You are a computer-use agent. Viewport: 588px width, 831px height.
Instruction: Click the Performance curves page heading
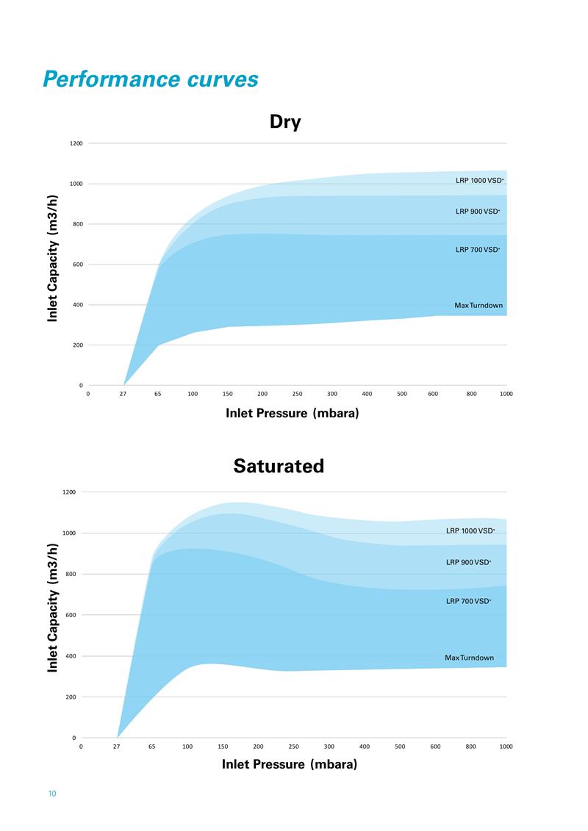click(151, 79)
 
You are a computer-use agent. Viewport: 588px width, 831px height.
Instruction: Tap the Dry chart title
click(285, 121)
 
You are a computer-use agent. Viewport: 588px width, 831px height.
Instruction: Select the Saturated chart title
click(279, 466)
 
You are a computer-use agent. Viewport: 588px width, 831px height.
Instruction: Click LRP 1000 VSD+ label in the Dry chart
click(479, 180)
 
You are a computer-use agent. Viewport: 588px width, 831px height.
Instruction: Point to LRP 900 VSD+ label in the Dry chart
click(478, 212)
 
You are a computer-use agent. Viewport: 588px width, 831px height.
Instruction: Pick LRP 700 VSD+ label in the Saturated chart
click(469, 601)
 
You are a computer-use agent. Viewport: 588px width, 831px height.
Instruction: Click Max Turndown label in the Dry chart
click(478, 305)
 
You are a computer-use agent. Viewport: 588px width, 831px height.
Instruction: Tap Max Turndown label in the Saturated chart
click(469, 658)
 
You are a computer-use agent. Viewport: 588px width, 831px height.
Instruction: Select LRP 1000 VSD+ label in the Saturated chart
click(470, 530)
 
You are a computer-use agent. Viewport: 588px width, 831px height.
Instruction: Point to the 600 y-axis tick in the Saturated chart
click(71, 615)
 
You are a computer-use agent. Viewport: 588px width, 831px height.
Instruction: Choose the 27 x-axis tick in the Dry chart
click(123, 394)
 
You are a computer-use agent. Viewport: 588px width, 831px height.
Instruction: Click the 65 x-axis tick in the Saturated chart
click(151, 747)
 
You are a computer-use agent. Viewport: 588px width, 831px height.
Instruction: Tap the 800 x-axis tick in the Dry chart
click(471, 394)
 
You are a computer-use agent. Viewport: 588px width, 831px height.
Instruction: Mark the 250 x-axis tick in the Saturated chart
click(294, 747)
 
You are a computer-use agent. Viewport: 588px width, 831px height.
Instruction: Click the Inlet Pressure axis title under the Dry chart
click(293, 413)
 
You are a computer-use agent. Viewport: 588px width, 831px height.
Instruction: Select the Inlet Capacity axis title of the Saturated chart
click(53, 608)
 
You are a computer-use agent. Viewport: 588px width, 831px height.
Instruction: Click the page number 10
click(51, 794)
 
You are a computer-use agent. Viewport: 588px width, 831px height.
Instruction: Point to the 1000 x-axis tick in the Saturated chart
click(506, 747)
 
